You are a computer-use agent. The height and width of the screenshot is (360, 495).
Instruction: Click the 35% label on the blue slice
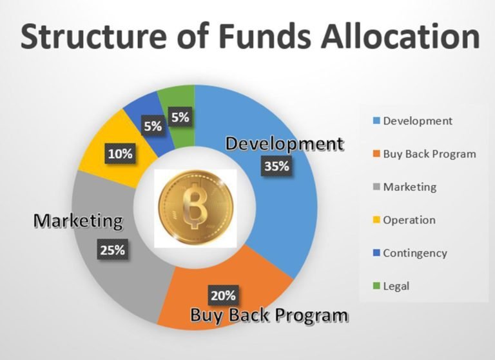277,166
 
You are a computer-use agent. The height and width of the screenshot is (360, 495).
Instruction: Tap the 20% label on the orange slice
223,295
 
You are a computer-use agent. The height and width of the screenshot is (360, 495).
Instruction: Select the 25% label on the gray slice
112,250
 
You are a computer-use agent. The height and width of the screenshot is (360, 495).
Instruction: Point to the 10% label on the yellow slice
121,154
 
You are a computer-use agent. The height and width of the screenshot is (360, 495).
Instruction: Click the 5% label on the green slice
180,117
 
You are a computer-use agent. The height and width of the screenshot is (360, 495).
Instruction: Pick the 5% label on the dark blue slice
153,126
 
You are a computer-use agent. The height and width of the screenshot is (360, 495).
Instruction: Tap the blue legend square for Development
376,121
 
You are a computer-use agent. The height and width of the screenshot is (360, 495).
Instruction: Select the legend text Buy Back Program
429,154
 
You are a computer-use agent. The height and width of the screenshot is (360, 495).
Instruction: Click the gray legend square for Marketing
376,187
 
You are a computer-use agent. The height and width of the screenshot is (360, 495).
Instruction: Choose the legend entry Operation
404,220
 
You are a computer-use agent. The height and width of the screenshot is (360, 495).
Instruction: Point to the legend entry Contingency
410,253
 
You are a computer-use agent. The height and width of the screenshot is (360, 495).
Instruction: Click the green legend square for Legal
376,286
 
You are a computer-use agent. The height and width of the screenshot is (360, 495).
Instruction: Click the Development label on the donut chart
284,144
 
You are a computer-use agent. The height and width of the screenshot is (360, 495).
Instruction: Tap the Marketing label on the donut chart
78,220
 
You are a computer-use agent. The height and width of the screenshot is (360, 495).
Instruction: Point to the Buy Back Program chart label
269,315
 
